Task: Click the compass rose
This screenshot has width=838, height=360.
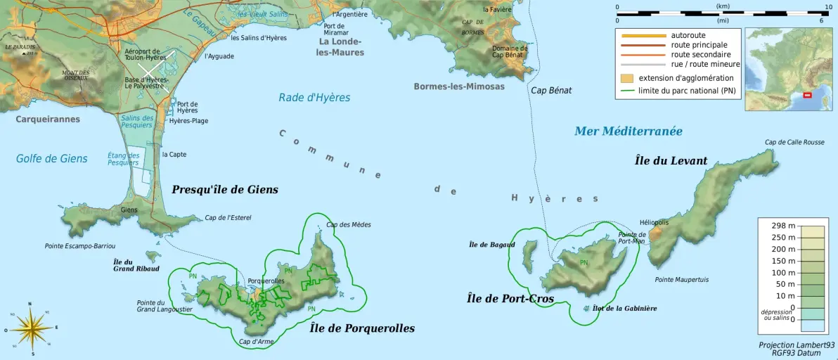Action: [30, 328]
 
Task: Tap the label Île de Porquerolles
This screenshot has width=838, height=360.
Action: [362, 328]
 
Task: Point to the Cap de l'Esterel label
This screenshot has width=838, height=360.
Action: [228, 218]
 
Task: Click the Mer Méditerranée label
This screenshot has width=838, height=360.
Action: [628, 131]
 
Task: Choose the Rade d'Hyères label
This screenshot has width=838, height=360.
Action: [314, 98]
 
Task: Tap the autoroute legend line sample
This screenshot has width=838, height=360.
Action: [640, 35]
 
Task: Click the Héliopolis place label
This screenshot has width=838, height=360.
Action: [654, 221]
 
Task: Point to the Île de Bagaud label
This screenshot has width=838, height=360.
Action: [491, 245]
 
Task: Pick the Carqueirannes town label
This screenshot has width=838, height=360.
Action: [48, 119]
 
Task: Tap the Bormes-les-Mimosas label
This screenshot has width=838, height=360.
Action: [459, 86]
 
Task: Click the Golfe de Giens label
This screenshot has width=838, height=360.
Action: [52, 159]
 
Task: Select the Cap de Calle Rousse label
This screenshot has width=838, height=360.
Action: [794, 142]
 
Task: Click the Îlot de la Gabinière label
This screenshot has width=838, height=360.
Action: [624, 308]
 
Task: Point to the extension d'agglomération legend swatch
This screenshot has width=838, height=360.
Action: [627, 78]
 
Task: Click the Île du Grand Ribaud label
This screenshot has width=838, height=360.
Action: [136, 265]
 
